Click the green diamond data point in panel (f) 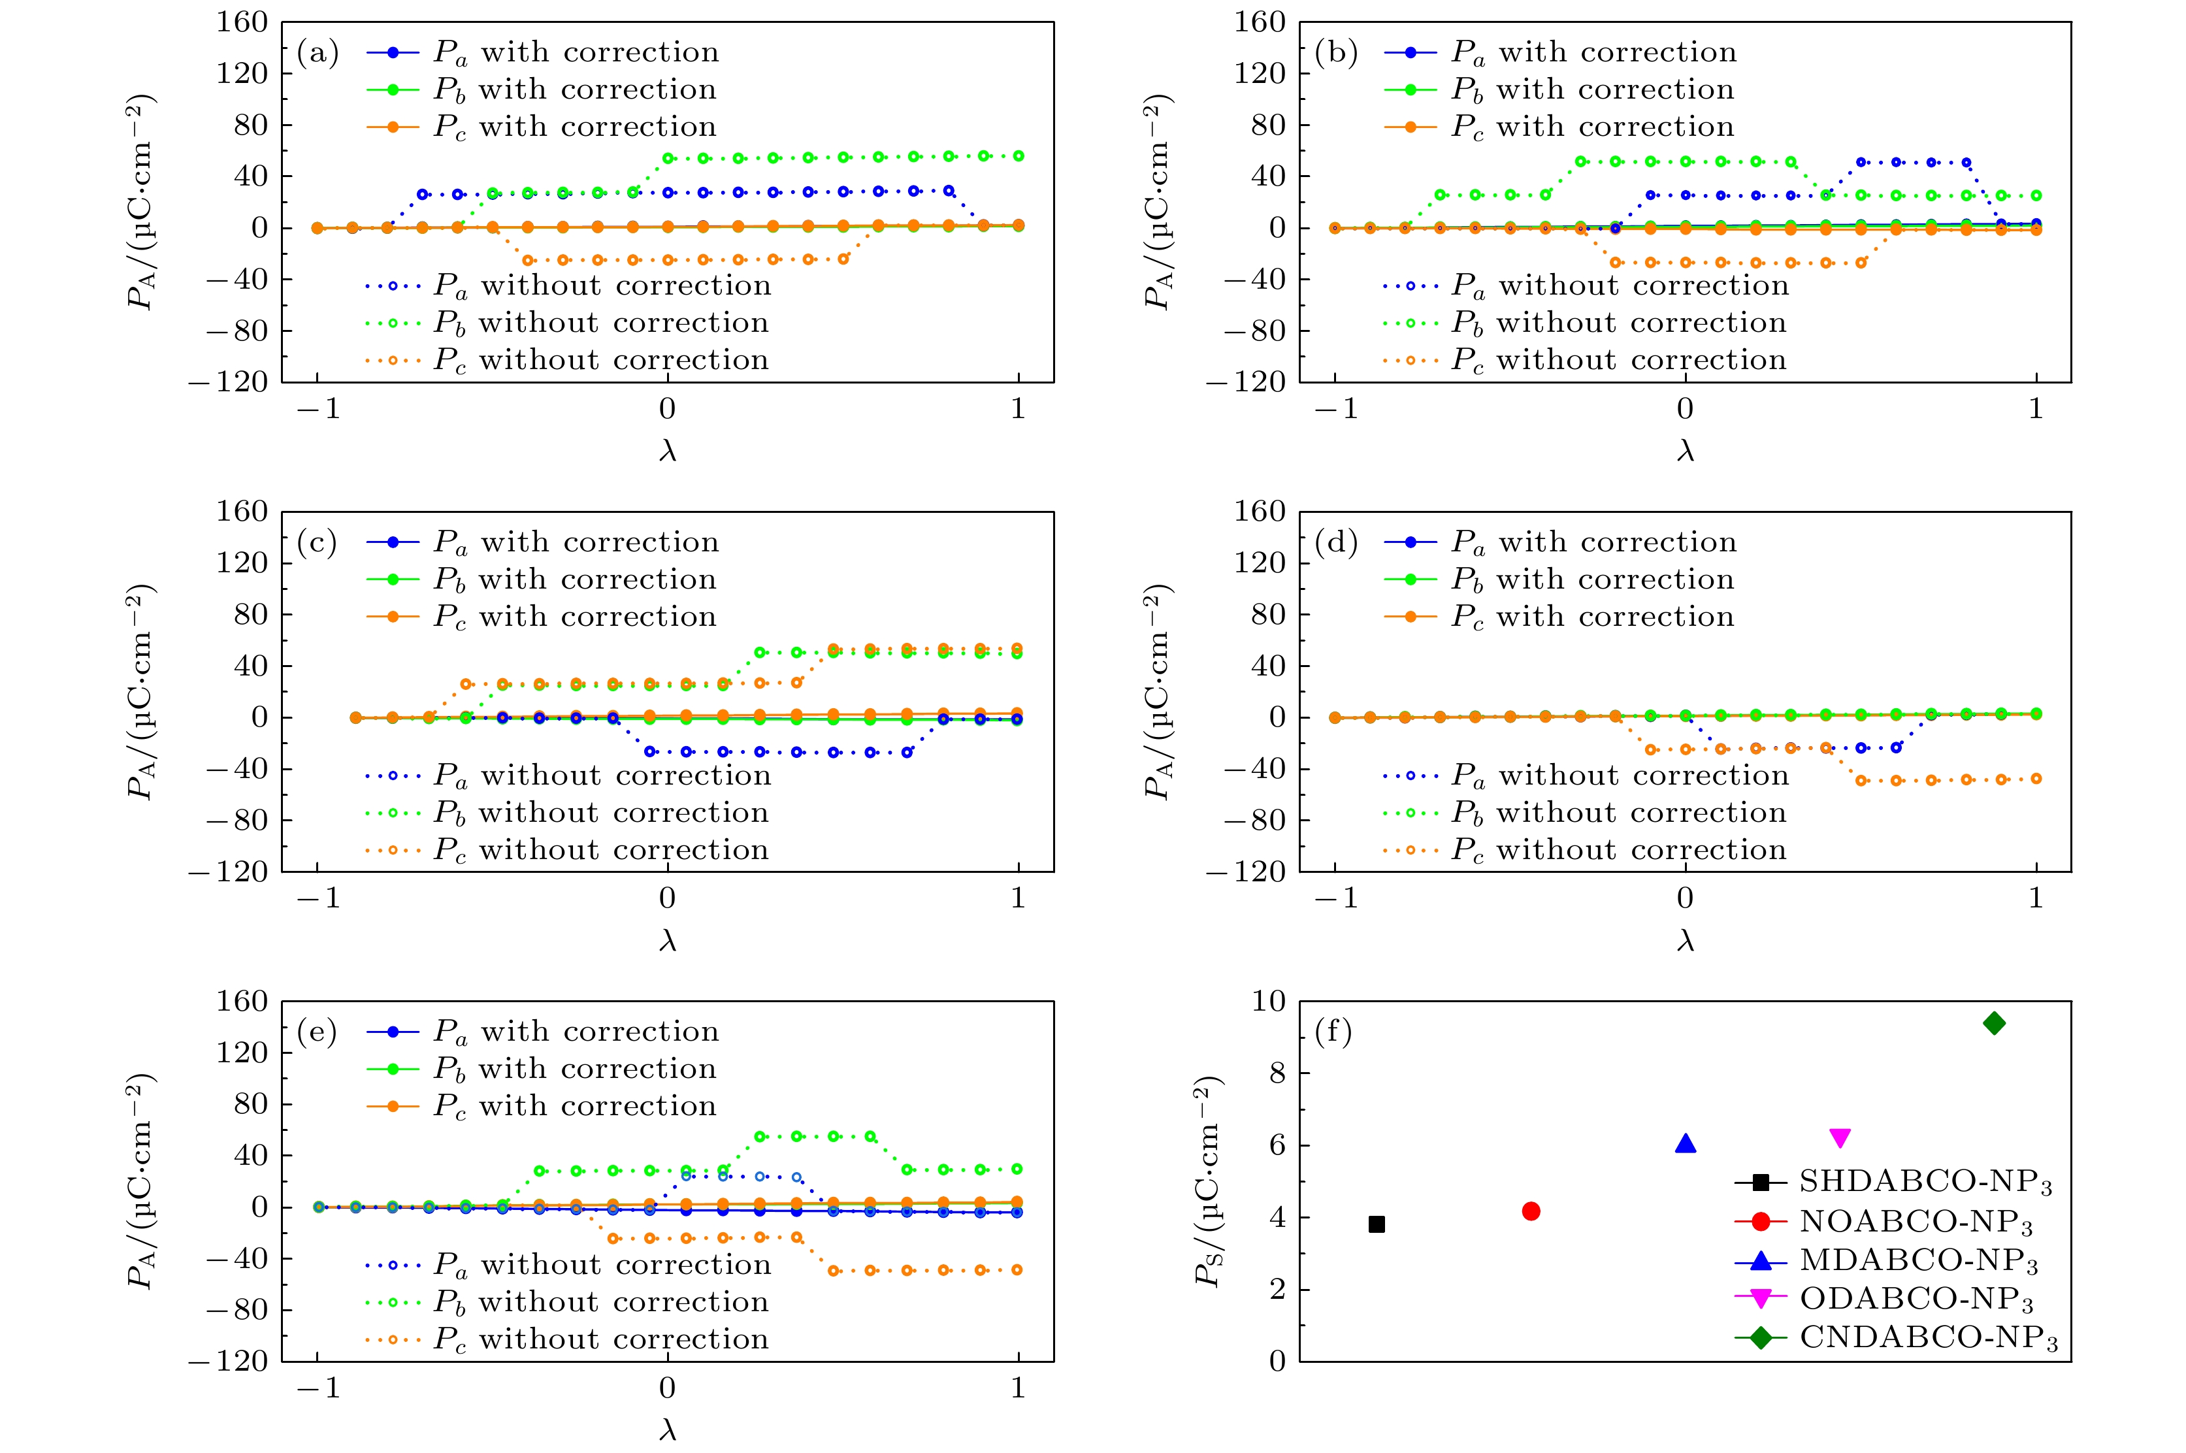tap(1994, 1023)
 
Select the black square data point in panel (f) tap(1377, 1224)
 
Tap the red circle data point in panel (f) tap(1531, 1211)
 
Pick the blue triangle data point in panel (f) tap(1686, 1143)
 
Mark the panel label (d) tap(1335, 542)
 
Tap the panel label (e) tap(317, 1032)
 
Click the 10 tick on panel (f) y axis tap(1269, 1001)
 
